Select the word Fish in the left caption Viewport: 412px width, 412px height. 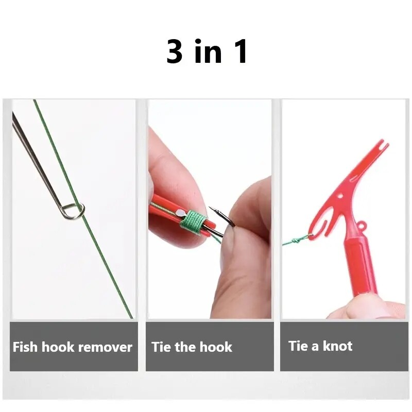[25, 347]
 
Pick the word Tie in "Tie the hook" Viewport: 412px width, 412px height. [161, 347]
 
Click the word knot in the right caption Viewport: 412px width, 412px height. [338, 346]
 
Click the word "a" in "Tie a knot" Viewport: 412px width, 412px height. [314, 346]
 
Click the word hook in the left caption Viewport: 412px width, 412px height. [58, 347]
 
